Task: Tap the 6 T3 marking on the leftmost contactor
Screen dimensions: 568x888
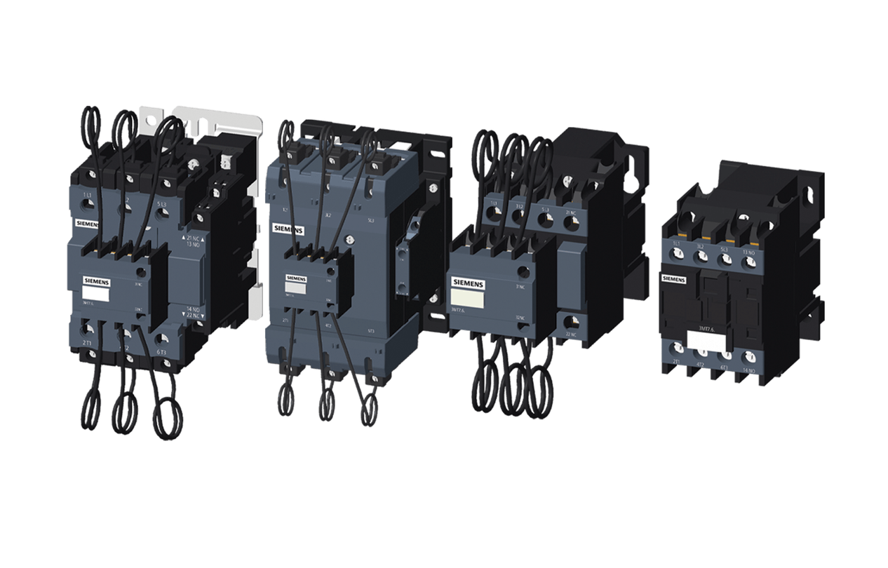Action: [x=161, y=351]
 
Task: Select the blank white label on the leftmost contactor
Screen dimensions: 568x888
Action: [x=91, y=295]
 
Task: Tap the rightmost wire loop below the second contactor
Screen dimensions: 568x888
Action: [x=368, y=410]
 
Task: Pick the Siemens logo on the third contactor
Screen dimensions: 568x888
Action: [x=469, y=282]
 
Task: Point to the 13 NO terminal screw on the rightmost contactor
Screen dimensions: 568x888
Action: [x=750, y=262]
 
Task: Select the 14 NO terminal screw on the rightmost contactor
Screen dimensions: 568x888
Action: [x=749, y=358]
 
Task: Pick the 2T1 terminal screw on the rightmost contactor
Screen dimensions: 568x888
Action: [x=678, y=349]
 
